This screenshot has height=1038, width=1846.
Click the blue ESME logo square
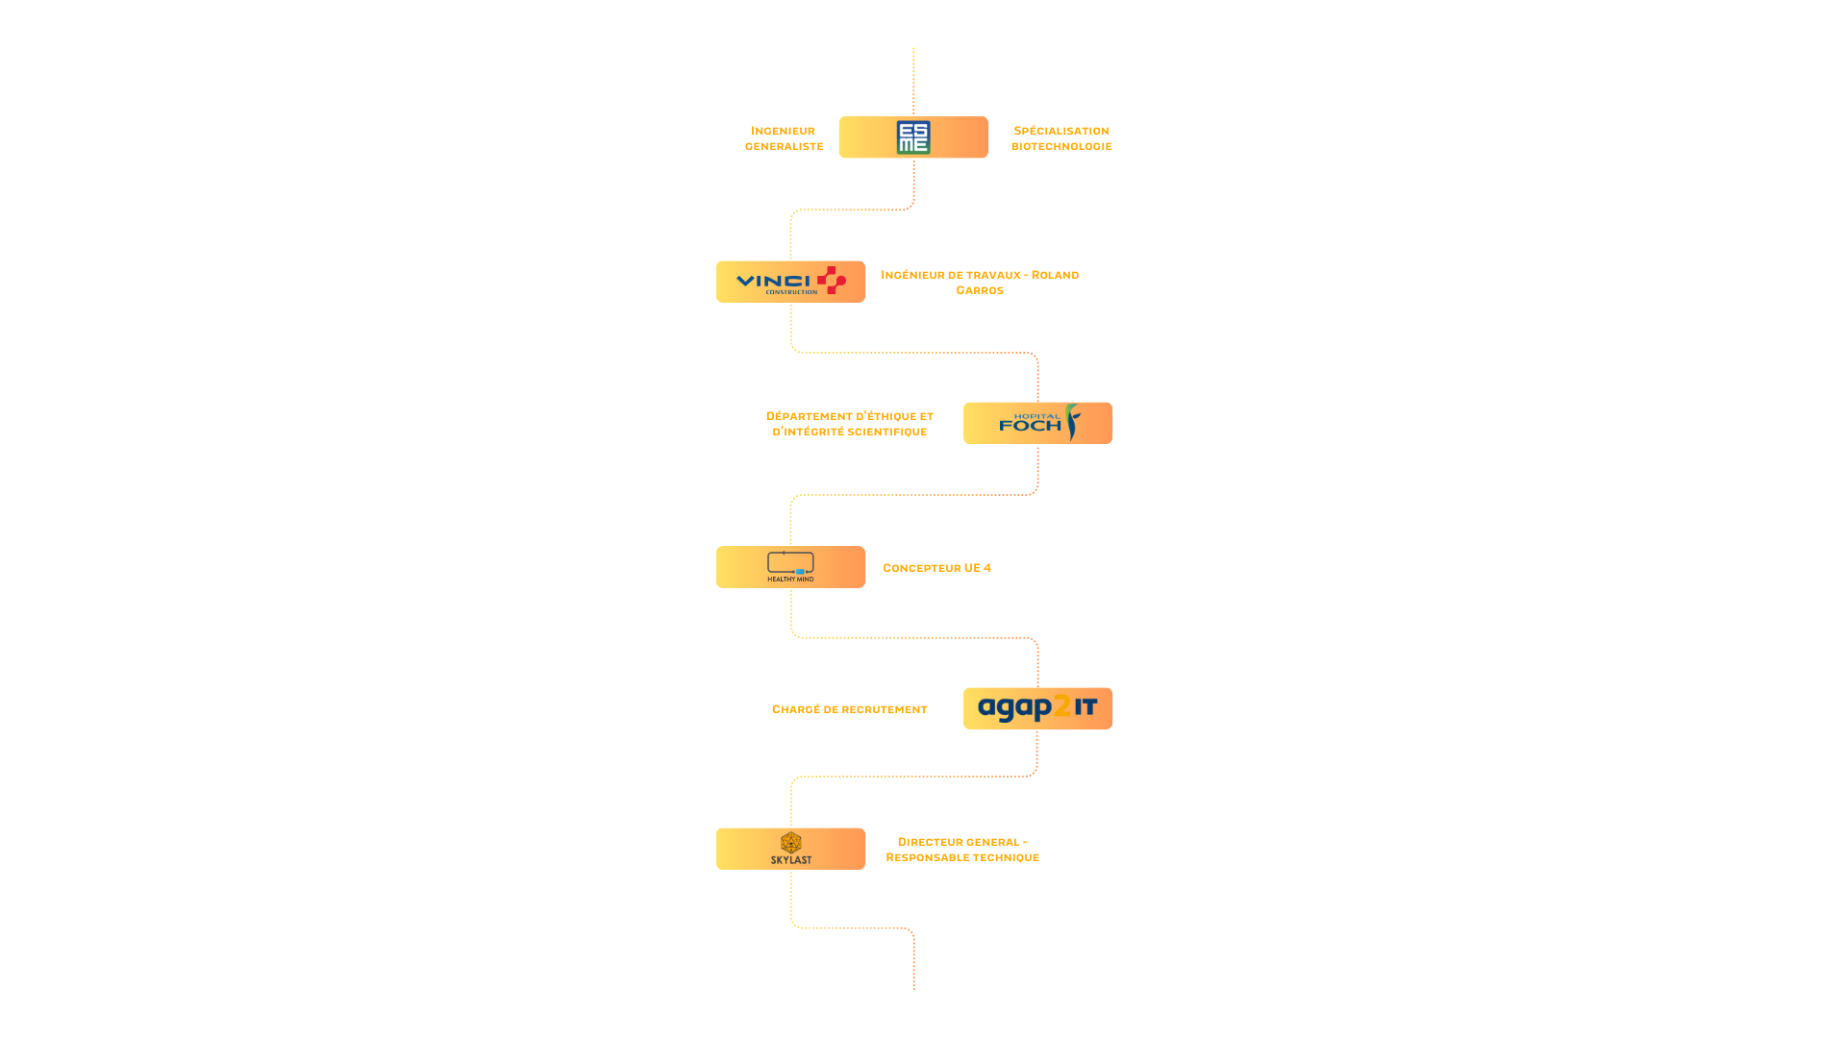coord(913,137)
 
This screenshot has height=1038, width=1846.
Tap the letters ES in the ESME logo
coord(913,130)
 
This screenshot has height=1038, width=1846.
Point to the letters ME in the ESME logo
coord(913,145)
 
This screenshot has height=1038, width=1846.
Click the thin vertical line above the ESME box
coord(913,82)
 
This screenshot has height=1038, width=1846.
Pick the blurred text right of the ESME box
coord(1060,137)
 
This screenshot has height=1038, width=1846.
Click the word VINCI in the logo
coord(774,281)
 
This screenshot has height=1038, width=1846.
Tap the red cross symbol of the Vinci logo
coord(832,281)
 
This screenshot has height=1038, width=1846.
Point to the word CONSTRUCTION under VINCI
coord(791,292)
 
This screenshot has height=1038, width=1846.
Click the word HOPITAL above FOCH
coord(1037,417)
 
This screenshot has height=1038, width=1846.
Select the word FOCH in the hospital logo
coord(1030,426)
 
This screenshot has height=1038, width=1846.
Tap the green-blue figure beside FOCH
coord(1073,422)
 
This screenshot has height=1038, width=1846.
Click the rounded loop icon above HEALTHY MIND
coord(790,562)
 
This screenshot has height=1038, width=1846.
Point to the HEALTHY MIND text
coord(790,580)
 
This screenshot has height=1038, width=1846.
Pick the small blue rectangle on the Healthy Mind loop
coord(800,572)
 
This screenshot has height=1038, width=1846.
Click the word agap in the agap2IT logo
coord(1015,709)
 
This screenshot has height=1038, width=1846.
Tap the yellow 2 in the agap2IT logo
coord(1062,708)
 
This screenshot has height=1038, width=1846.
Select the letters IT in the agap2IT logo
coord(1085,708)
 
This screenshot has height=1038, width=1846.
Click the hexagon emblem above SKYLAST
coord(790,843)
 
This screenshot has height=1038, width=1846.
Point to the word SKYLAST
coord(790,860)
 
